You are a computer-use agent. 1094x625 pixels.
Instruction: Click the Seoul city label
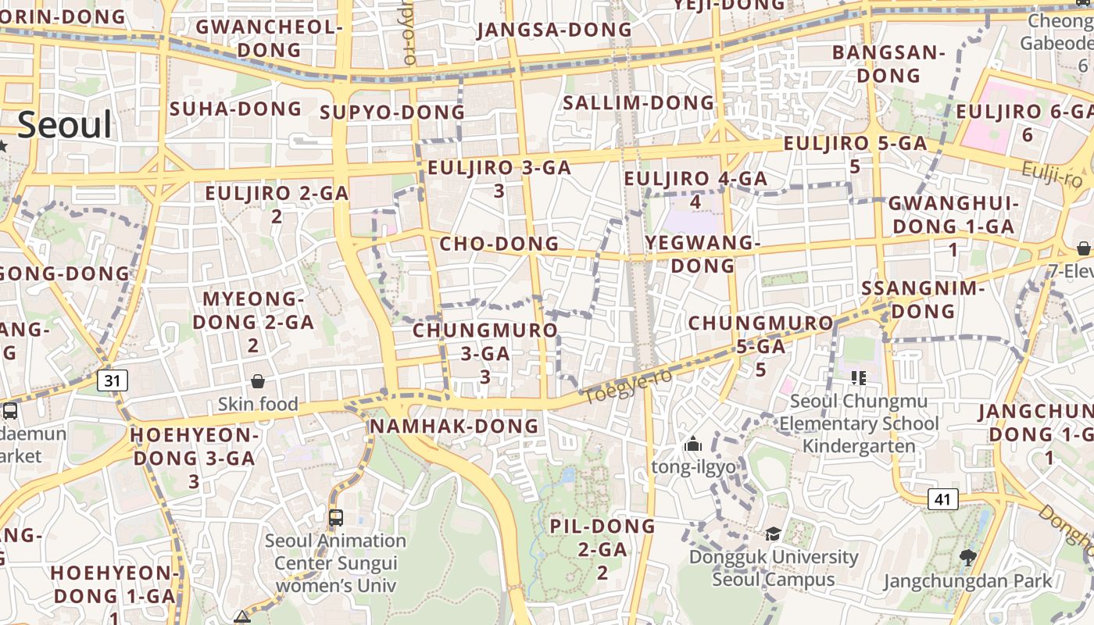pyautogui.click(x=65, y=125)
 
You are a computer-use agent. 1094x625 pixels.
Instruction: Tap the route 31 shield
pyautogui.click(x=113, y=380)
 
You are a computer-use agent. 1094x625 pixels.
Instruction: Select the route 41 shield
pyautogui.click(x=943, y=499)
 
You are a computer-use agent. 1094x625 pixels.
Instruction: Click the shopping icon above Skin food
pyautogui.click(x=258, y=381)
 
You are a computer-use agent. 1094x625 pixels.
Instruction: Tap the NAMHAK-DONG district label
pyautogui.click(x=454, y=426)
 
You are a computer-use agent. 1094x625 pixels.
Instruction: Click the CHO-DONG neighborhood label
pyautogui.click(x=499, y=244)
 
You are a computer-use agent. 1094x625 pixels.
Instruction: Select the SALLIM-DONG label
pyautogui.click(x=638, y=102)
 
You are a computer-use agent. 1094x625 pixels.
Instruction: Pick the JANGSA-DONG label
pyautogui.click(x=554, y=30)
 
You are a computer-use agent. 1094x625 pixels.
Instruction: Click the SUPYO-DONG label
pyautogui.click(x=392, y=112)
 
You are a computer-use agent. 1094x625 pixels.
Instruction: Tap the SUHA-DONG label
pyautogui.click(x=235, y=109)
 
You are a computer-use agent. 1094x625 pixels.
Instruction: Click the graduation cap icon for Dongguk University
pyautogui.click(x=773, y=534)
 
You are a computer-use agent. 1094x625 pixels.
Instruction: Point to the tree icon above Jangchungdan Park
pyautogui.click(x=968, y=557)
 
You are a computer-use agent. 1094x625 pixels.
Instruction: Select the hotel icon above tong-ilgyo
pyautogui.click(x=693, y=445)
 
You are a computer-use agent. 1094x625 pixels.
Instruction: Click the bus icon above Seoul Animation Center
pyautogui.click(x=336, y=517)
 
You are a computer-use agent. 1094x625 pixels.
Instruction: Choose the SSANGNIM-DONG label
pyautogui.click(x=922, y=299)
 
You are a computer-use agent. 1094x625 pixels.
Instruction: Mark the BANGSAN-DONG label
pyautogui.click(x=888, y=64)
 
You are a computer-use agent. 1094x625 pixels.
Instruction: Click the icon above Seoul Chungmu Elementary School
pyautogui.click(x=859, y=379)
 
